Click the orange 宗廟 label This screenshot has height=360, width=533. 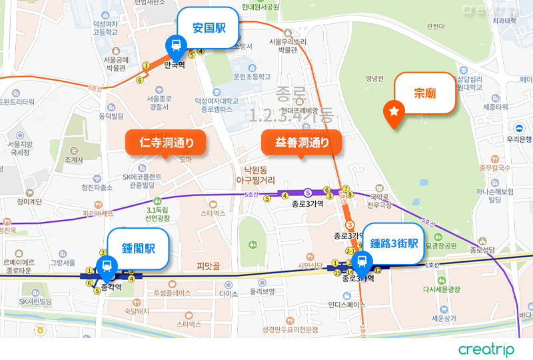click(x=425, y=93)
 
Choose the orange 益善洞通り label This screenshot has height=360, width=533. click(x=301, y=142)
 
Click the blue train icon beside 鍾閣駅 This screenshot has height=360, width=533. click(x=105, y=267)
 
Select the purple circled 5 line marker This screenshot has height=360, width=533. click(x=308, y=194)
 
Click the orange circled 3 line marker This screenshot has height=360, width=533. click(x=349, y=225)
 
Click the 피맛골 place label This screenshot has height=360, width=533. click(x=208, y=266)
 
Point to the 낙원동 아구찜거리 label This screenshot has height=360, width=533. click(x=255, y=175)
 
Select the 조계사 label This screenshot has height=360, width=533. click(x=74, y=160)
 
